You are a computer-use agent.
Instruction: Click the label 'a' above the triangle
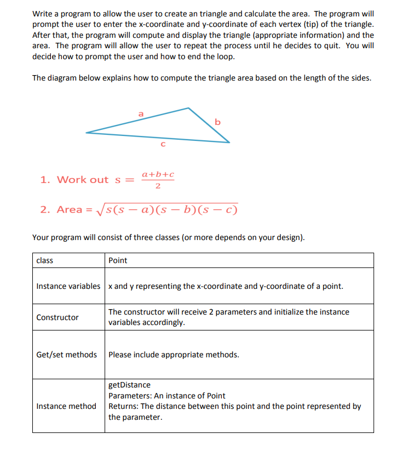(x=141, y=113)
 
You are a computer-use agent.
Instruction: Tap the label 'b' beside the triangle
(x=217, y=122)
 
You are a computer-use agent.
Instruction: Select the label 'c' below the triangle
(x=162, y=145)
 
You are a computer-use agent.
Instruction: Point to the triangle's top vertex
(x=189, y=108)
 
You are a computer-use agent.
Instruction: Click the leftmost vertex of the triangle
(x=87, y=132)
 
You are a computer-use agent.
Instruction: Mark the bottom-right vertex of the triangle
(x=229, y=142)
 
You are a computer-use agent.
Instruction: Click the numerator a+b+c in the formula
(x=158, y=174)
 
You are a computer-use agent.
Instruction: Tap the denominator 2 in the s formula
(x=158, y=186)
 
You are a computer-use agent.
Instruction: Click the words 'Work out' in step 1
(x=83, y=180)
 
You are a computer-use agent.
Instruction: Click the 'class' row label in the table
(x=44, y=260)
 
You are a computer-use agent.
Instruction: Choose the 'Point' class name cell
(x=118, y=260)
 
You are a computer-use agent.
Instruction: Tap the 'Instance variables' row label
(x=68, y=286)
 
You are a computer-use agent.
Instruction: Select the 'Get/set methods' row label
(x=66, y=355)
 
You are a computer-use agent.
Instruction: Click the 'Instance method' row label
(x=66, y=406)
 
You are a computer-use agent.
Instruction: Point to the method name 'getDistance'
(x=129, y=385)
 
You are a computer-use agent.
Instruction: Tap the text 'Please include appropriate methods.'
(x=174, y=355)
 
